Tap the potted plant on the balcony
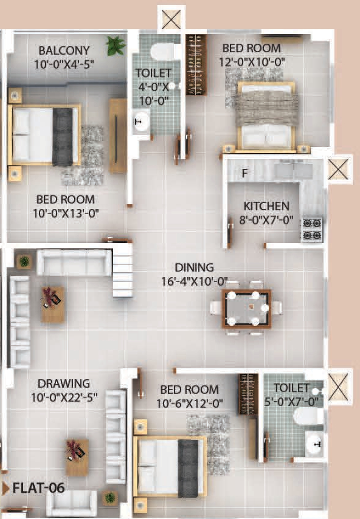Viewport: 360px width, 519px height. [x=115, y=45]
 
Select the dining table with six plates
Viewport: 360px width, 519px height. [x=246, y=309]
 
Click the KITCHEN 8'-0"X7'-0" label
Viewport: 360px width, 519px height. [x=266, y=212]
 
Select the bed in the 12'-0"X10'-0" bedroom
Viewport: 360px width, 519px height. [x=266, y=115]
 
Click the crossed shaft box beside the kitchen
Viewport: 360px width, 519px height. [x=337, y=169]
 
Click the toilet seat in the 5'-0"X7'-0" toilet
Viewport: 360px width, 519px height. [x=308, y=416]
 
